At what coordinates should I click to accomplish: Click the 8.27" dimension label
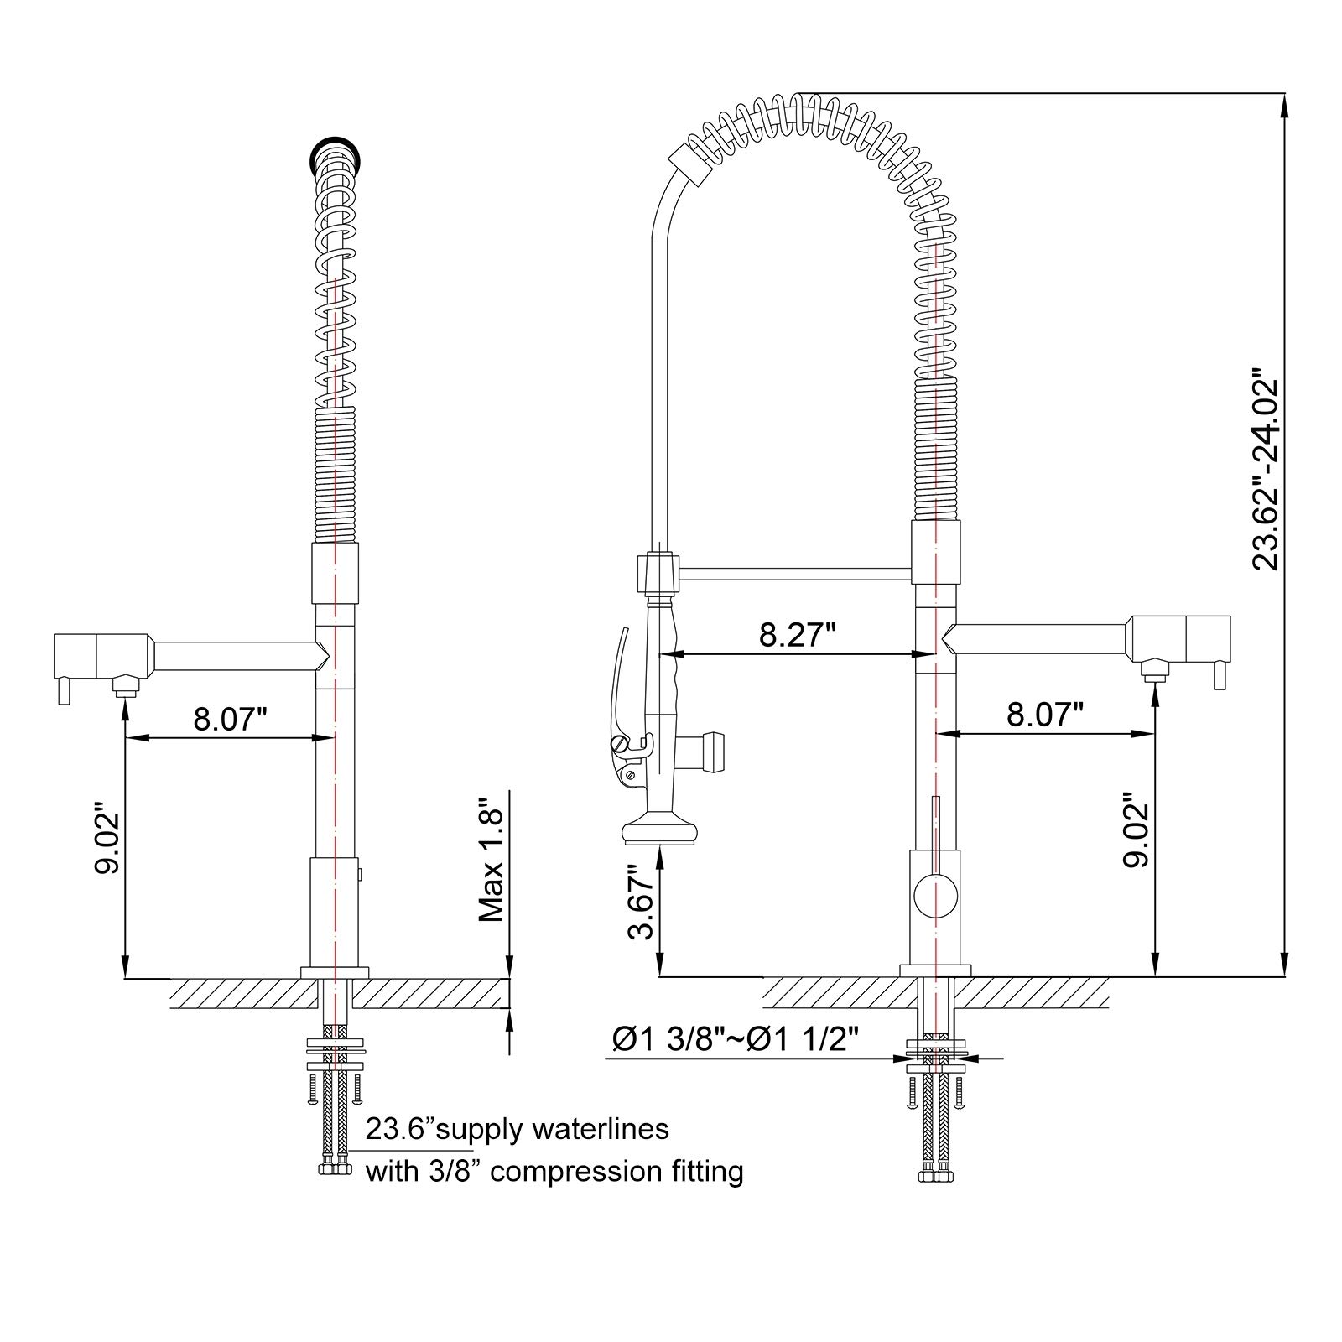coord(797,634)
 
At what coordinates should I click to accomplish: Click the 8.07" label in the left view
coord(230,719)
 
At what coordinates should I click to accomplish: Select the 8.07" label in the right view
coord(1045,715)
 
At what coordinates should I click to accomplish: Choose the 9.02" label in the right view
coord(1138,831)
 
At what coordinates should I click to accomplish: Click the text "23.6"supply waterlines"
coord(517,1129)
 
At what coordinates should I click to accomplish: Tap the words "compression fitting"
coord(616,1171)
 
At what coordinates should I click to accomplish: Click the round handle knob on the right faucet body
coord(934,895)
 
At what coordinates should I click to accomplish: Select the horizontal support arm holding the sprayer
coord(793,574)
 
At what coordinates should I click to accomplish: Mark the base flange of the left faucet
coord(335,971)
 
